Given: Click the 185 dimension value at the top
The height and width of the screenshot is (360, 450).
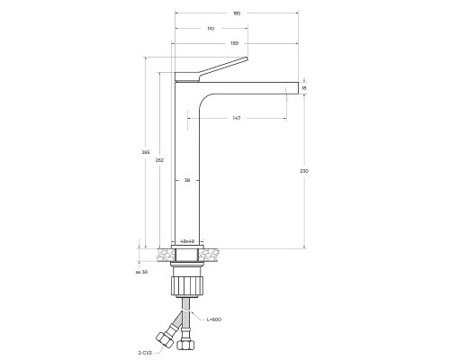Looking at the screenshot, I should (236, 13).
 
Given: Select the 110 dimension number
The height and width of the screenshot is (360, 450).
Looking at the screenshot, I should (211, 29).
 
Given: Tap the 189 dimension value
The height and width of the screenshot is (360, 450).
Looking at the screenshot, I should (235, 43).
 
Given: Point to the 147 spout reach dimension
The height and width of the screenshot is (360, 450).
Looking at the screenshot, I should (236, 117).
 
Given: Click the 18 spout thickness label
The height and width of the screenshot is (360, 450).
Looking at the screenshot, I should (305, 87).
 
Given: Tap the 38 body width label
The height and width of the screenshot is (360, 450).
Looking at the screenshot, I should (187, 180).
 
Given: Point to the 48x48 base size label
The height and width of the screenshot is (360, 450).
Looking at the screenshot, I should (187, 242).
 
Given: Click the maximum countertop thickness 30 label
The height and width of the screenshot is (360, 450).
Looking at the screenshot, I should (141, 271).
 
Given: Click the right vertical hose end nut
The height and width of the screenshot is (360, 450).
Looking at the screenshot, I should (187, 342).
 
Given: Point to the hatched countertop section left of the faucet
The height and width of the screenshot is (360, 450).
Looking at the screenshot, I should (163, 256).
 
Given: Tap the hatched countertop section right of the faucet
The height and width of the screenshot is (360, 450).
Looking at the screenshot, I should (210, 256).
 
